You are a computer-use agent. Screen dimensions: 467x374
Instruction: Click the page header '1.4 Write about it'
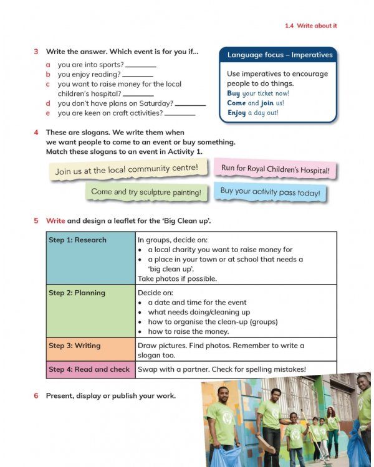310,26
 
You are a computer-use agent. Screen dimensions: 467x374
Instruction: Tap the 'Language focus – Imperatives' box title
279,55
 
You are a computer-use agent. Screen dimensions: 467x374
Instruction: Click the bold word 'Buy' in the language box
233,93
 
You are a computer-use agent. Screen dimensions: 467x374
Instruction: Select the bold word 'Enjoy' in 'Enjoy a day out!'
236,113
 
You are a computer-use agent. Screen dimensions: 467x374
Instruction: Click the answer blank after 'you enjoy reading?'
137,74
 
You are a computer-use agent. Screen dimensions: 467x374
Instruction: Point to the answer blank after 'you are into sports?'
141,64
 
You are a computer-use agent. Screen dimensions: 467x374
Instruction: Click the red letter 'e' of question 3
48,113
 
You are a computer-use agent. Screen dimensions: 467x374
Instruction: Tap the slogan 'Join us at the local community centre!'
127,169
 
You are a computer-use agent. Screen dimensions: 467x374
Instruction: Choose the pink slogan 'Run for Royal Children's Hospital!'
275,169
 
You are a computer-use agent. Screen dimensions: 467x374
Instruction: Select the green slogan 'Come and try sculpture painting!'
146,192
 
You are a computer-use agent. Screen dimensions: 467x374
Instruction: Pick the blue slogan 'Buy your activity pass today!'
270,192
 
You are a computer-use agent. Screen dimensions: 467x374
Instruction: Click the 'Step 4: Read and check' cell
91,369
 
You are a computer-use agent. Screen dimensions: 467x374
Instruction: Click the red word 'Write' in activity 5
55,220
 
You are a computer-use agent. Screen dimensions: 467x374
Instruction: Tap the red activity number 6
36,395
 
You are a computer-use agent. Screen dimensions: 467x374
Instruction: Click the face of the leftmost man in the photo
223,395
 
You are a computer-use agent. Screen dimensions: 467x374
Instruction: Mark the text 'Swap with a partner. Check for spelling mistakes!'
222,369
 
